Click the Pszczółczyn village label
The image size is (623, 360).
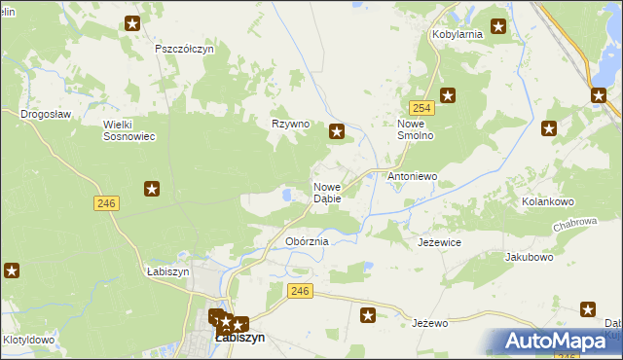184,48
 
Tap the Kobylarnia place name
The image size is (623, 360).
458,34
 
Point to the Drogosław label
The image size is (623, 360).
46,114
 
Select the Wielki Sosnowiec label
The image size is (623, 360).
129,130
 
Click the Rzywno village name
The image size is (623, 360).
290,125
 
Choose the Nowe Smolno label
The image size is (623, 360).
421,130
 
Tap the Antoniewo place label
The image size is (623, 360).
413,177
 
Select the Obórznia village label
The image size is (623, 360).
308,241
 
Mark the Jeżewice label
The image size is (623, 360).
439,242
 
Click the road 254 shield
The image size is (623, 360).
421,108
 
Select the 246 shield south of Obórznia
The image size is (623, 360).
300,291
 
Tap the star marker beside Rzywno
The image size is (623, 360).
337,132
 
